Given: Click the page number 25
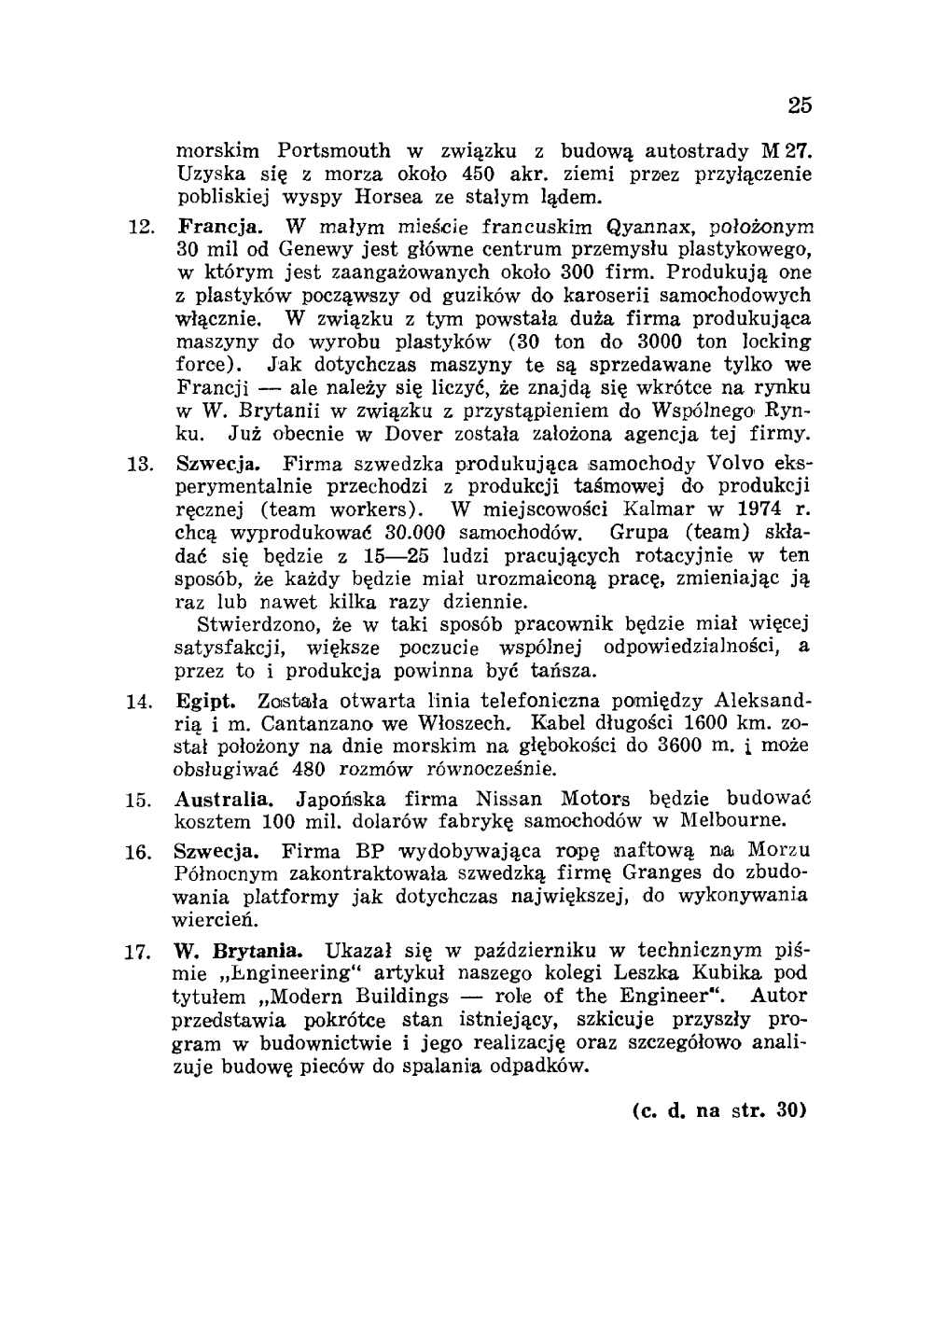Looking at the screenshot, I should click(799, 105).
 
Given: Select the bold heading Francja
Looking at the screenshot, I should click(212, 228).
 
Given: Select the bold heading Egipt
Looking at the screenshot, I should click(202, 701).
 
